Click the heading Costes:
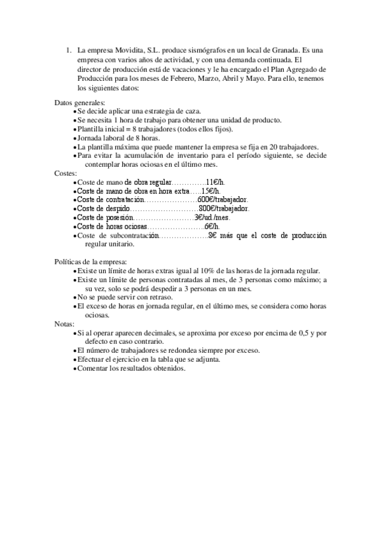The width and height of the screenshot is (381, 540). click(66, 173)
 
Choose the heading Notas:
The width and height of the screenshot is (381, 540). click(65, 323)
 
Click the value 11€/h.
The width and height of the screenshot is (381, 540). click(216, 182)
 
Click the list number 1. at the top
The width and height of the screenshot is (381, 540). click(69, 49)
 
